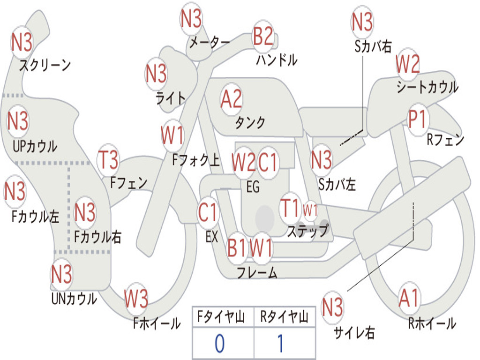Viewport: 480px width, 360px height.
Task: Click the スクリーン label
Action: tap(45, 65)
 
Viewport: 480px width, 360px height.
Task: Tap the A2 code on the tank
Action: tap(231, 99)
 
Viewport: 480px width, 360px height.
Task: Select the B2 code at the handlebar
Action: tap(263, 36)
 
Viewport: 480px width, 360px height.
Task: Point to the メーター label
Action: tap(209, 43)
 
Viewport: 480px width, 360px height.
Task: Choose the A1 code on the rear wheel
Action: tap(409, 298)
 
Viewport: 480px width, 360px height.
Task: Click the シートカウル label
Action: tap(427, 87)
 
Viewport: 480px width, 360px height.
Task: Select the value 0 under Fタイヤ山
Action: tap(219, 344)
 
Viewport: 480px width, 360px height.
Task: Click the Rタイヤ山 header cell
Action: tap(284, 318)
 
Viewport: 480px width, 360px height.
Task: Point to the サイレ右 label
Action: tap(354, 333)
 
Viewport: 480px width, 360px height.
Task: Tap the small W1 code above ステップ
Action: tap(310, 210)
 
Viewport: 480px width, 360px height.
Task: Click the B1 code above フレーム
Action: tap(237, 247)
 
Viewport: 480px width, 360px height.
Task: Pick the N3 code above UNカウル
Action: tap(61, 274)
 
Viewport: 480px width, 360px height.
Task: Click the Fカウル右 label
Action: tap(98, 237)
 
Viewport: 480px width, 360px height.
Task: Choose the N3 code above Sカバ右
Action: tap(362, 22)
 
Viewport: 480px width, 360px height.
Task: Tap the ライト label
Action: tap(170, 97)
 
